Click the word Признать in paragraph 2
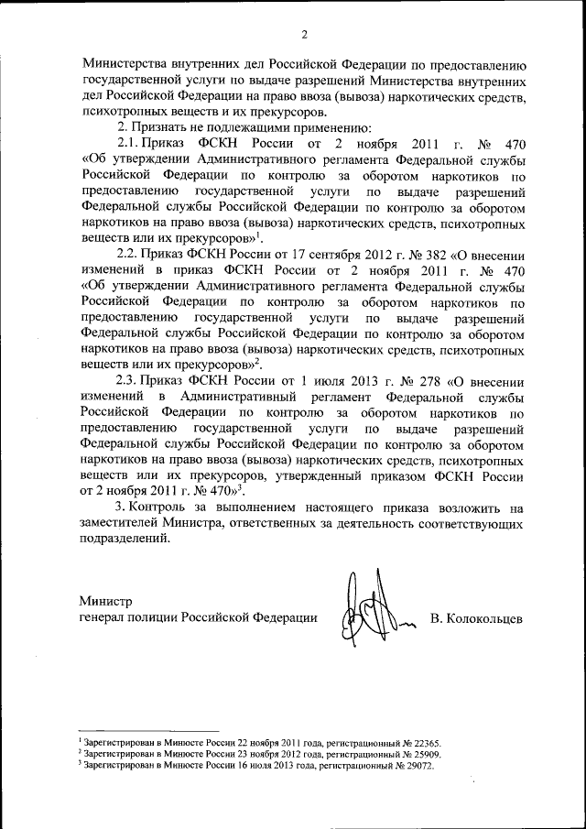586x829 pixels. [163, 127]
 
